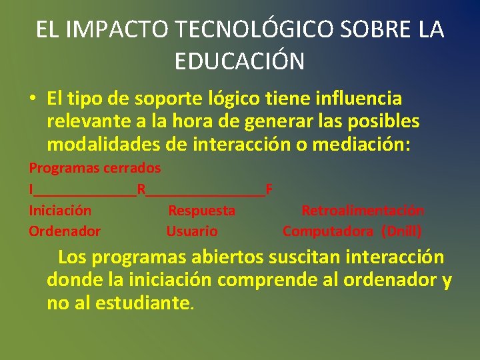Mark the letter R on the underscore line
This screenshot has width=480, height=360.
141,189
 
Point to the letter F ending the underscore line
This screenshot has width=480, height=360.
269,189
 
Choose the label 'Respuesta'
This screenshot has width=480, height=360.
201,211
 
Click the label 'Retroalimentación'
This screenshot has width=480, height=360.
363,211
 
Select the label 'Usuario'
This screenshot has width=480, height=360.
192,231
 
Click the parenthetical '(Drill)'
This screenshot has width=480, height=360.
401,231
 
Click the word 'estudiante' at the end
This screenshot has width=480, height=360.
142,303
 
